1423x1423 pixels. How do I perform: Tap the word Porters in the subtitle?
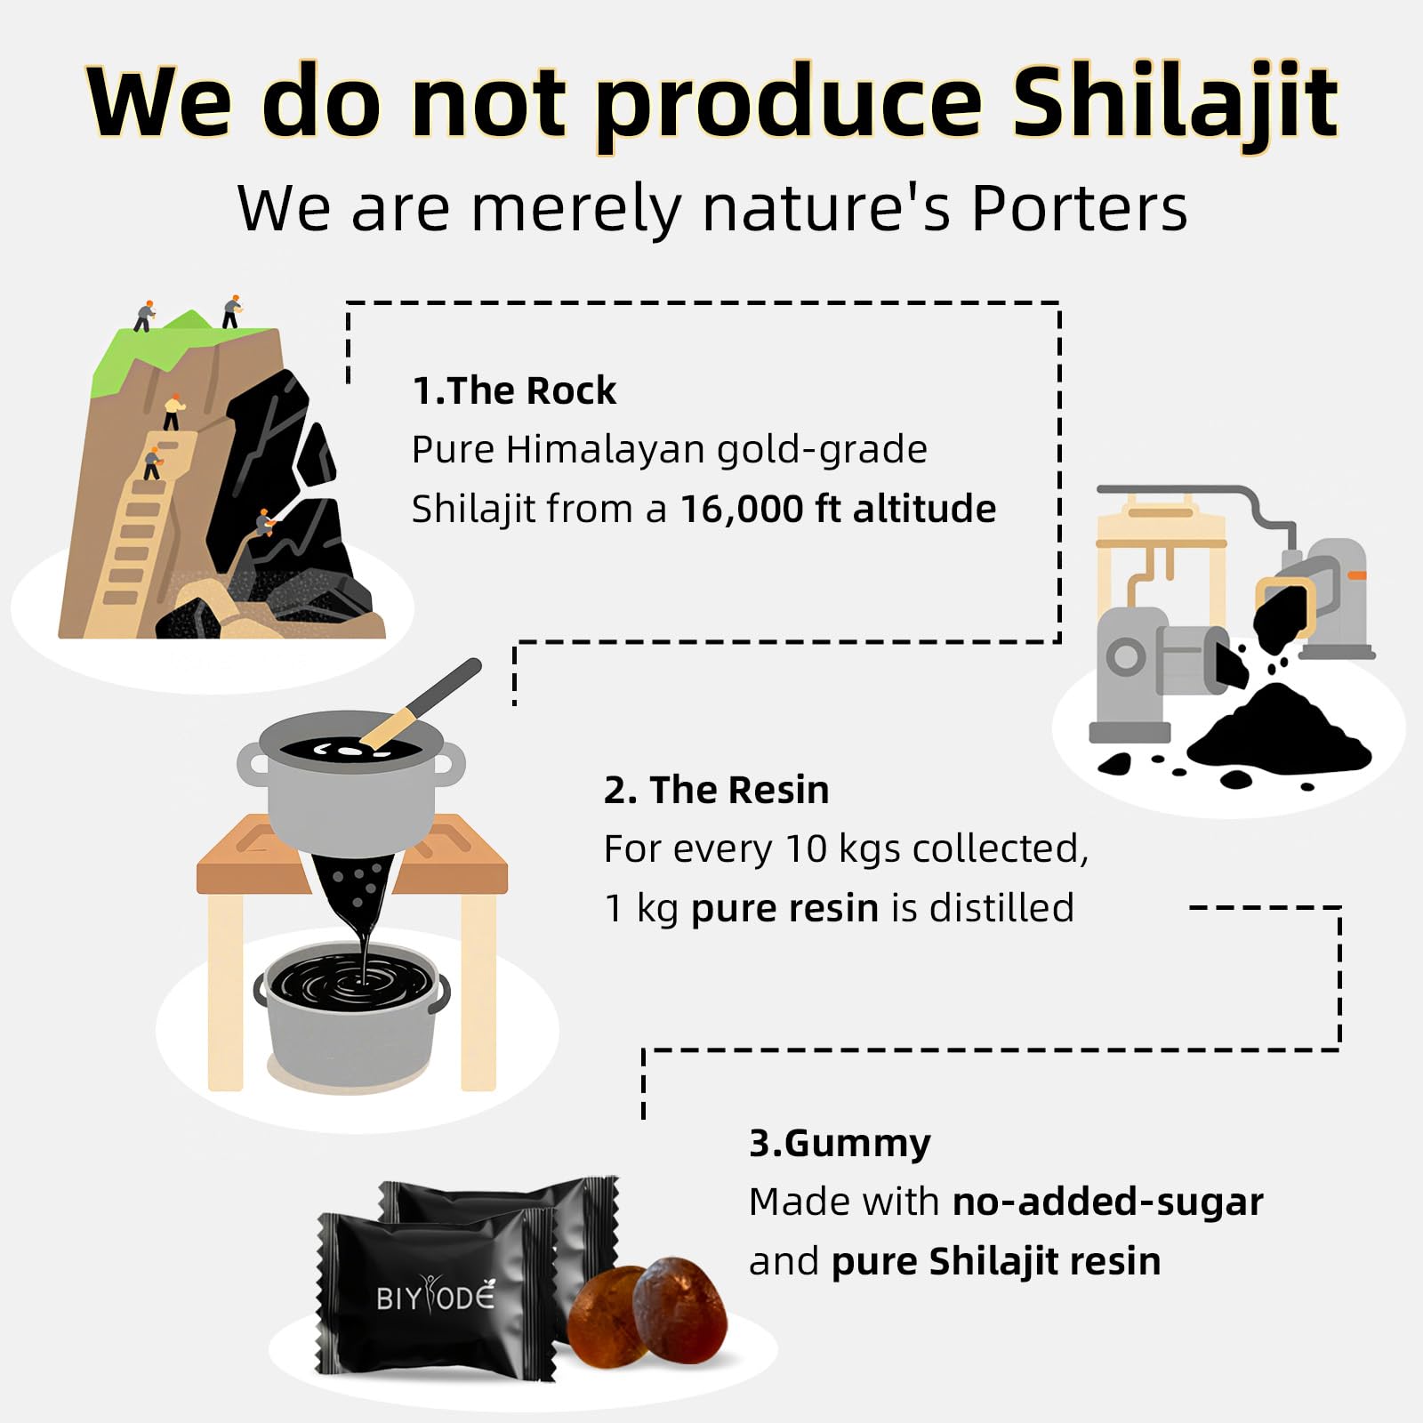click(x=1079, y=209)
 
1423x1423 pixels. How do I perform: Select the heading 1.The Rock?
click(x=514, y=390)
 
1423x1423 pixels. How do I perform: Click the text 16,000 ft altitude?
click(x=838, y=510)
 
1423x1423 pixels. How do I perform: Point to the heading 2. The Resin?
click(x=716, y=790)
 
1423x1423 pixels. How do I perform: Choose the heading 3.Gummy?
click(x=840, y=1143)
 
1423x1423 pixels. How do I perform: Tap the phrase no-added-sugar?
click(x=1107, y=1202)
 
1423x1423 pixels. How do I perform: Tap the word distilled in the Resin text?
click(x=1001, y=909)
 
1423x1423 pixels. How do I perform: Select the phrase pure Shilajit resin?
click(x=995, y=1262)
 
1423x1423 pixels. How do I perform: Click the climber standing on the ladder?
click(x=153, y=462)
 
